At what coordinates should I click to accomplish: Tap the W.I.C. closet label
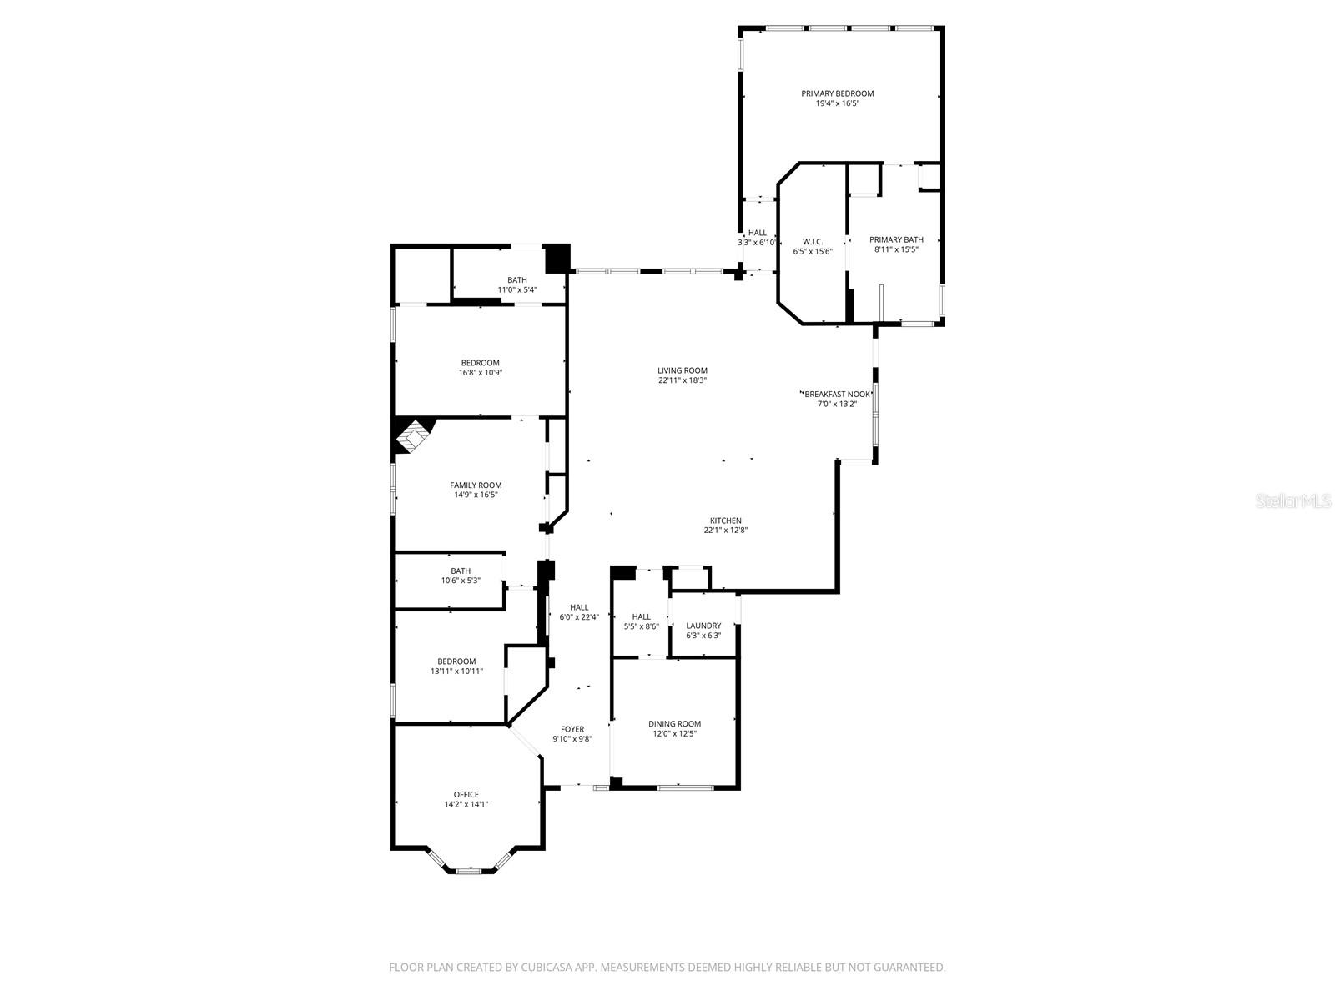click(813, 241)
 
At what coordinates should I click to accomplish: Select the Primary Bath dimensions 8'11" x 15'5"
click(896, 249)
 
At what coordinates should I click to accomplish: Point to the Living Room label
click(682, 370)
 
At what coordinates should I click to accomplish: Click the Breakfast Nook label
click(837, 394)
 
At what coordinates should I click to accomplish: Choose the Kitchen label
click(725, 521)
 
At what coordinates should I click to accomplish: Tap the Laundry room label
click(703, 626)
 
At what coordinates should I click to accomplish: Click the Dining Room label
click(674, 724)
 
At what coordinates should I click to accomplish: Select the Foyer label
click(572, 729)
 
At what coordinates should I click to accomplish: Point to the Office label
click(466, 794)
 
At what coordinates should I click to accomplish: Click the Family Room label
click(476, 485)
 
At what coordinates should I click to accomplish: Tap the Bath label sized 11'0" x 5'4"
click(517, 280)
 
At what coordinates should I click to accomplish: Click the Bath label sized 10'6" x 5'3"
click(461, 571)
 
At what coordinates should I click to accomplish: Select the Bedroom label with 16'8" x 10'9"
click(480, 363)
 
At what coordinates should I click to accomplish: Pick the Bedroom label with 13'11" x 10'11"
click(456, 661)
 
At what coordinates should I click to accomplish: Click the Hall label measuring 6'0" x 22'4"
click(579, 607)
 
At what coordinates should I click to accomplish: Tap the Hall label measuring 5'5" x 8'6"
click(641, 616)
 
